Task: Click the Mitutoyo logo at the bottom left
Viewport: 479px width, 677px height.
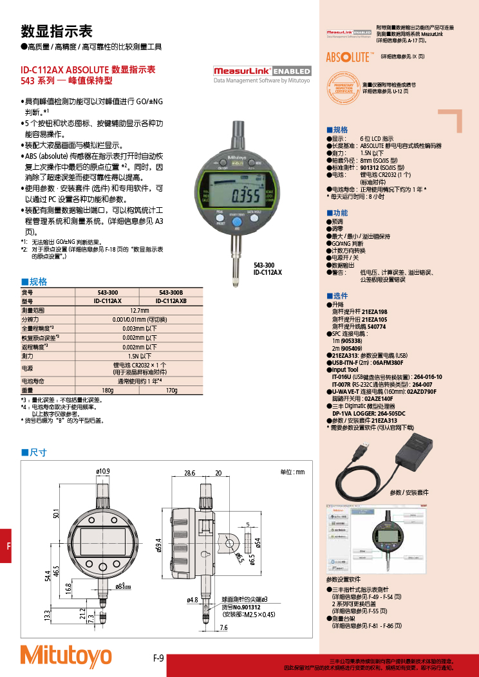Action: point(66,655)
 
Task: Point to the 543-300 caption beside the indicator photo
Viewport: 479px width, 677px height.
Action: point(264,265)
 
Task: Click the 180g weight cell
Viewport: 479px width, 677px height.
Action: point(108,391)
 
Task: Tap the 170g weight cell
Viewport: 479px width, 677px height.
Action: point(171,391)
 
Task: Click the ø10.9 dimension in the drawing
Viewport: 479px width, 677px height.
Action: point(103,472)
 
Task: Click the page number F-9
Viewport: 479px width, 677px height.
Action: point(158,658)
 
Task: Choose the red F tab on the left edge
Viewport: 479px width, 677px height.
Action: point(5,546)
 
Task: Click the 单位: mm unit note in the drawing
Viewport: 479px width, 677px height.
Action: point(292,472)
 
